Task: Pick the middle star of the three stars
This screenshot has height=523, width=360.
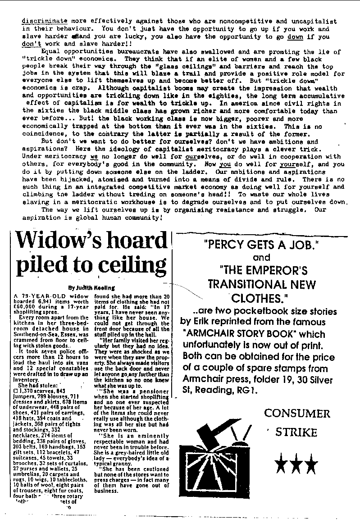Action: (296, 463)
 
